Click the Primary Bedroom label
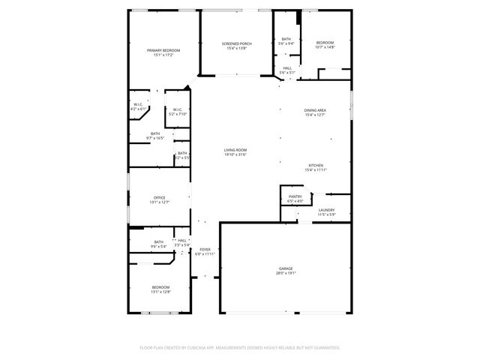(x=163, y=49)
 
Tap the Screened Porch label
(x=236, y=43)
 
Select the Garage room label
(x=286, y=268)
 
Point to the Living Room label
(x=235, y=150)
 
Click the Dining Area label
(x=314, y=110)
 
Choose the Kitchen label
(x=316, y=166)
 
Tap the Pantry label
(x=295, y=196)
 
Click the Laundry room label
(x=325, y=210)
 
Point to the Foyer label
(x=205, y=250)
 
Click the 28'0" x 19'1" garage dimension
(x=286, y=273)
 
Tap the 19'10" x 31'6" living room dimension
(x=235, y=154)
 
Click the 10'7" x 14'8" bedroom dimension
(x=324, y=47)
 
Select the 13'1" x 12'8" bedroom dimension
(x=161, y=292)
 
